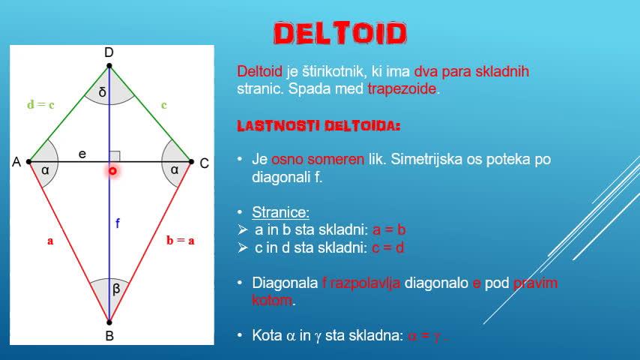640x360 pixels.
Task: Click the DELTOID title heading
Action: click(340, 33)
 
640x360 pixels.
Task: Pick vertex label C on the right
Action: click(204, 162)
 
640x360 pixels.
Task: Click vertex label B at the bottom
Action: click(109, 336)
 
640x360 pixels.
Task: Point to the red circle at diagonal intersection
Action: click(112, 172)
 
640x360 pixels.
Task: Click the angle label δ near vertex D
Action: click(103, 93)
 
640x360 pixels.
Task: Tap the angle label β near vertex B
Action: click(116, 289)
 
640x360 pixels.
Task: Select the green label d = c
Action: click(40, 105)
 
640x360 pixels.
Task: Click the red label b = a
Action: click(181, 241)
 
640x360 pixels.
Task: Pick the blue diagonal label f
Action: click(117, 223)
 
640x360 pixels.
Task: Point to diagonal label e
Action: click(82, 154)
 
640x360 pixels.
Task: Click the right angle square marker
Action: click(115, 156)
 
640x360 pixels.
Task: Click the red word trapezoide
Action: click(403, 89)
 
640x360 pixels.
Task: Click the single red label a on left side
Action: click(50, 241)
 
